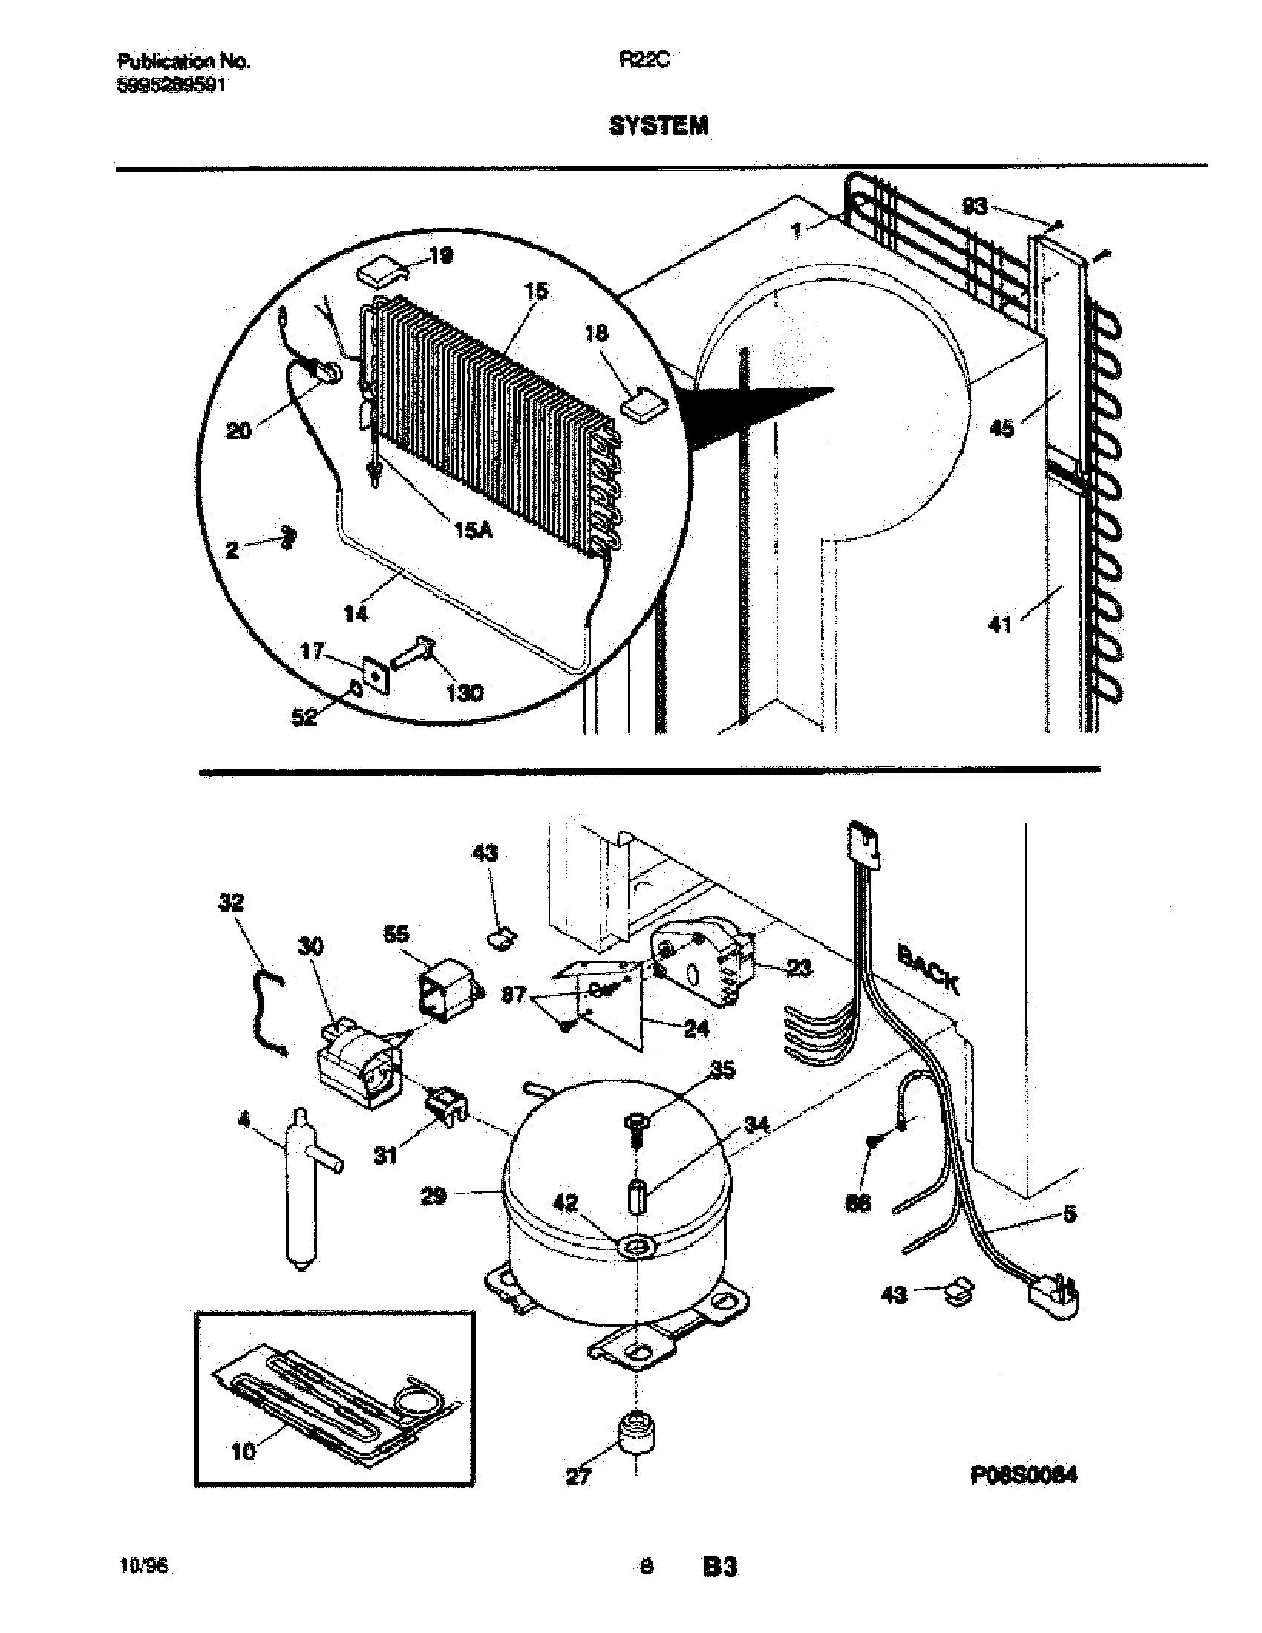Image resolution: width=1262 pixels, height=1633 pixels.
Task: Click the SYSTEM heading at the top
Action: [658, 126]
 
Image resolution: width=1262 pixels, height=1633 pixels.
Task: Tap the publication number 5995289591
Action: [172, 86]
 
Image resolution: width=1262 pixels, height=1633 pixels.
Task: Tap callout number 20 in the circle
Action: [239, 431]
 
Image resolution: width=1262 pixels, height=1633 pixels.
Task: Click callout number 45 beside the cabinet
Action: [1001, 428]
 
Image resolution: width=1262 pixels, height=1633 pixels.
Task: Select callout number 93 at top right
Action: [975, 206]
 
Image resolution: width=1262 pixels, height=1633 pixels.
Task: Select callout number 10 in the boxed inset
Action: [243, 1450]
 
